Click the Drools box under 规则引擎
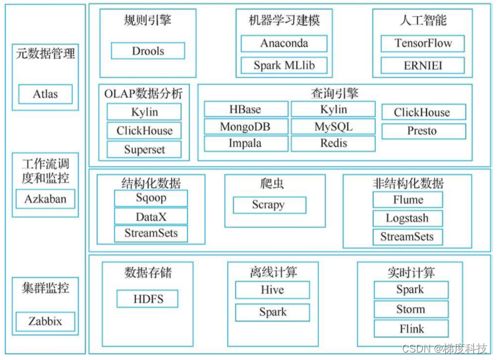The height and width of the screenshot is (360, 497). tap(148, 51)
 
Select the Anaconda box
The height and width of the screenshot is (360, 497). tap(284, 43)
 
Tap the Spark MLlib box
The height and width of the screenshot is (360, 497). tap(284, 65)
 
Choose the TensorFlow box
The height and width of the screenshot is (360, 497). tap(423, 43)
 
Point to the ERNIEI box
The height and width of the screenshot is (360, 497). tap(423, 65)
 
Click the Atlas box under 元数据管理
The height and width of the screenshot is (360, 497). tap(46, 94)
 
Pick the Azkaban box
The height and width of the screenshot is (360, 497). tap(45, 200)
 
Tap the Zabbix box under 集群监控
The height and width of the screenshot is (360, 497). tap(45, 322)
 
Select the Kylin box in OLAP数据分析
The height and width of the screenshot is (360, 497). tap(144, 112)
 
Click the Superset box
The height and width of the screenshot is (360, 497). tap(144, 150)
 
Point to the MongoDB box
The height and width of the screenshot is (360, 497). tap(246, 127)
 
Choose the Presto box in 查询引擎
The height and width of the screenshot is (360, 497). tap(423, 131)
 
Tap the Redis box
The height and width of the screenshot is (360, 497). tap(333, 144)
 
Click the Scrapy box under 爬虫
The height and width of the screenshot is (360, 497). tap(269, 205)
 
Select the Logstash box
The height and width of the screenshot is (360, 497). tap(408, 218)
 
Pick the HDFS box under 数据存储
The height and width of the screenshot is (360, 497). tap(148, 299)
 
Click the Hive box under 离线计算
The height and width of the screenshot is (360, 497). tap(272, 290)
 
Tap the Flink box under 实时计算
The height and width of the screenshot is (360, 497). tap(411, 329)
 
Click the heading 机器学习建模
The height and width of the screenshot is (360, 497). tap(284, 21)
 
